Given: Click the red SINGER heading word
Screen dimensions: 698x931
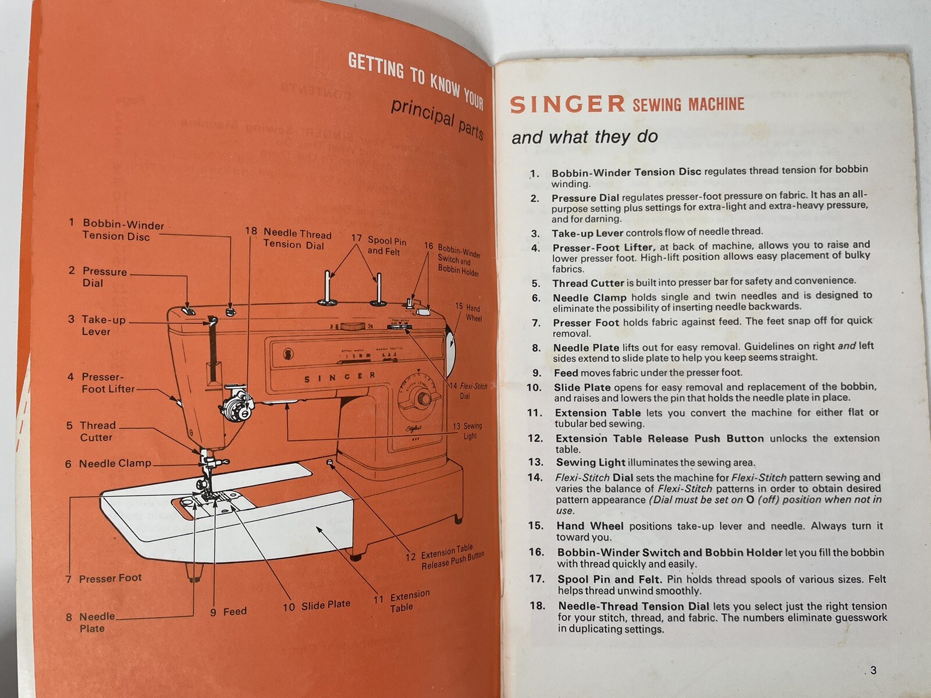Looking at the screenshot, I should [567, 105].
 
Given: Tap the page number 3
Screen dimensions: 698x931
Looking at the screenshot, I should [873, 670].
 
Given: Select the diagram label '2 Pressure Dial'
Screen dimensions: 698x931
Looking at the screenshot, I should [99, 277].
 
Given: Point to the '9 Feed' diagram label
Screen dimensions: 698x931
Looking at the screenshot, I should [229, 611].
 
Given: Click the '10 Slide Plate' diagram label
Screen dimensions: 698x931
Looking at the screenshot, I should [317, 606].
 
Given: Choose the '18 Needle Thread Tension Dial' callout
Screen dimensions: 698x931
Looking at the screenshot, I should [291, 238].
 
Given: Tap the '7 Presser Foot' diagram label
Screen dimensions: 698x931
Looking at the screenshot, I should [105, 578].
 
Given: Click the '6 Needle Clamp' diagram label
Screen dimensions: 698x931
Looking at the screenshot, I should [109, 464].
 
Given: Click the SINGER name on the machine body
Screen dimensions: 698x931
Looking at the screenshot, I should [340, 378].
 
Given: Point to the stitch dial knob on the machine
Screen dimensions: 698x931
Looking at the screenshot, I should [420, 399].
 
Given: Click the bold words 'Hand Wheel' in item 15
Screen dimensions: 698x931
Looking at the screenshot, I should [589, 526].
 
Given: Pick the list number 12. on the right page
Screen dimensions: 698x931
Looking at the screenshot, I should [535, 439].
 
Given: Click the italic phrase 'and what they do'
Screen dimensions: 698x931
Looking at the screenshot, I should [584, 137].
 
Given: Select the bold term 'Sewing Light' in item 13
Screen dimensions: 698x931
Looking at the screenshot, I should [591, 462].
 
